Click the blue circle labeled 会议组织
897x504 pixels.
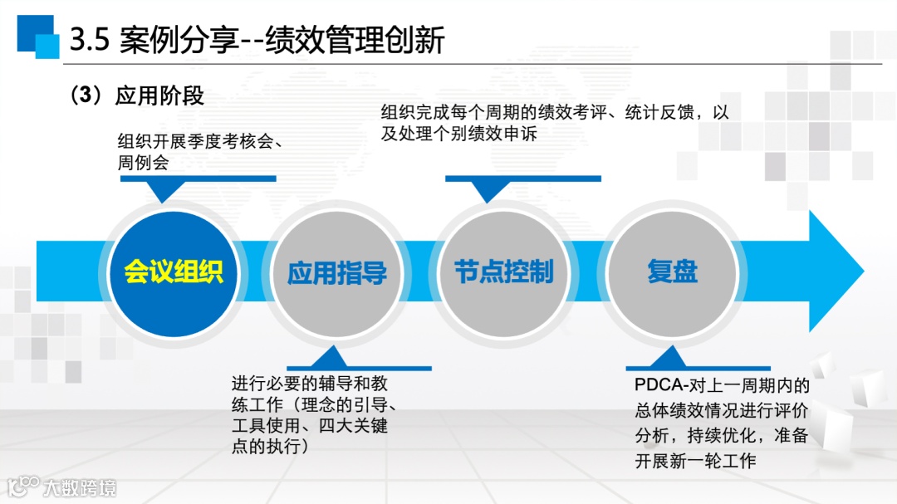[x=174, y=272]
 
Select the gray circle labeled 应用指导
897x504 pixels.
[x=336, y=272]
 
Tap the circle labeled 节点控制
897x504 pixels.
[x=503, y=272]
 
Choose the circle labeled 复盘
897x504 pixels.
[x=672, y=272]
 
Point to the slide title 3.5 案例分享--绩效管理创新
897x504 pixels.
[x=257, y=40]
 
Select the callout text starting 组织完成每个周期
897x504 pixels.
[x=555, y=122]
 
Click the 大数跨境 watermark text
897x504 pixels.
[x=81, y=487]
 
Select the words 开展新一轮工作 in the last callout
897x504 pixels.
[x=696, y=461]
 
